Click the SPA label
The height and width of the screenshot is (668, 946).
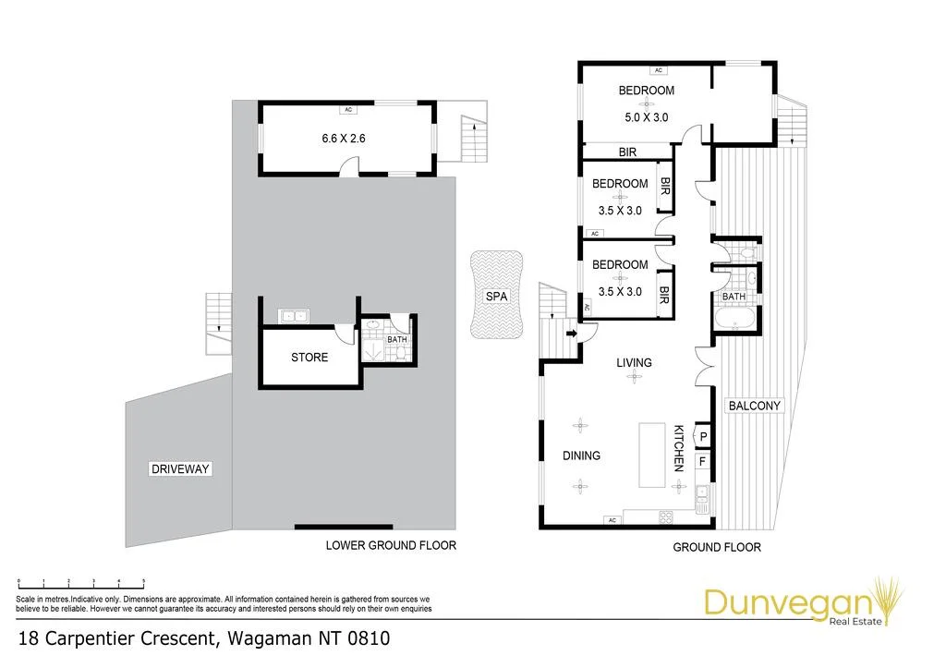tap(496, 297)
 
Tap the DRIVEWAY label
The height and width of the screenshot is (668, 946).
tap(180, 468)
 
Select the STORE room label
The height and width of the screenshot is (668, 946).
tap(309, 358)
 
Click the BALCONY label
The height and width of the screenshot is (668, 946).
tap(754, 406)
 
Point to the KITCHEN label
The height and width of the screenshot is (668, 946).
tap(679, 448)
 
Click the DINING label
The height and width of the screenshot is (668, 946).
tap(581, 455)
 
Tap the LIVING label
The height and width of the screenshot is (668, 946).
tap(634, 363)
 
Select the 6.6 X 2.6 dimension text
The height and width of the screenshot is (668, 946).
tap(344, 139)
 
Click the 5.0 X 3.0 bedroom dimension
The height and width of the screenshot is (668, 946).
tap(646, 117)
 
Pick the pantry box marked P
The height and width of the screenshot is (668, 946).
tap(703, 436)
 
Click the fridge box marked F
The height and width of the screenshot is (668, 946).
tap(702, 462)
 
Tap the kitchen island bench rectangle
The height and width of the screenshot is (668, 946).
tap(651, 455)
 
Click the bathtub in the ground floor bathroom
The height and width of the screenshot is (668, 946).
tap(734, 319)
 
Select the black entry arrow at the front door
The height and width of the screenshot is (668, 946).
tap(571, 333)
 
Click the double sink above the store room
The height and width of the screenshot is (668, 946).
tap(293, 316)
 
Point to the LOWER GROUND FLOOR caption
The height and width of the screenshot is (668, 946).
tap(391, 545)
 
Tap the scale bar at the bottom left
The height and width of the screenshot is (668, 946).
tap(81, 584)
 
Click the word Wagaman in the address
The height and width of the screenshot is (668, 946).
tap(269, 638)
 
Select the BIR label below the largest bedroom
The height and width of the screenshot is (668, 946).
tap(627, 152)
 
